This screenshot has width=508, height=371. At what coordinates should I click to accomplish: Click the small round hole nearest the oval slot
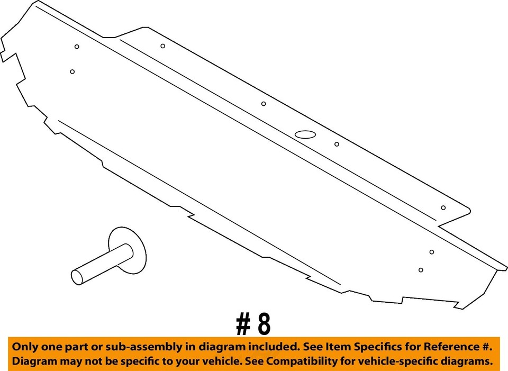tap(337, 144)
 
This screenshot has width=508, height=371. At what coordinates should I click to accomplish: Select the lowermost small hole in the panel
tap(421, 270)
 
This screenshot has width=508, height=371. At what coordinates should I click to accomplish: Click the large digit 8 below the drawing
tap(264, 324)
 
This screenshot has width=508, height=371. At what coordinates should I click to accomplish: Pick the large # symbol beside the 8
tap(243, 324)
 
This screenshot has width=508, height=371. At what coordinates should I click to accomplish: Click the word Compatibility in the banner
tap(317, 361)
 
